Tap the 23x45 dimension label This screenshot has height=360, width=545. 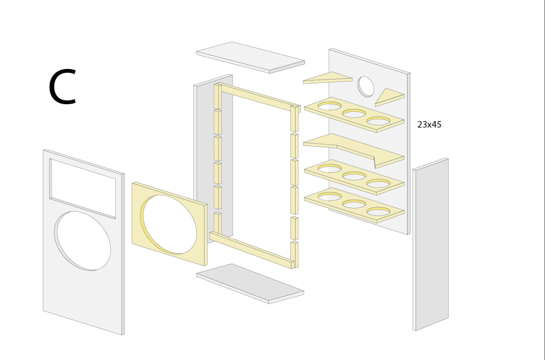pos(429,125)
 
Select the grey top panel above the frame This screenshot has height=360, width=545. pos(250,57)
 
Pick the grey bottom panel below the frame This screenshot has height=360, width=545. pos(250,283)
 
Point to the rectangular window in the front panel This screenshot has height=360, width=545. pos(83,188)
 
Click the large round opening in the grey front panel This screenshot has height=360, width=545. pos(83,241)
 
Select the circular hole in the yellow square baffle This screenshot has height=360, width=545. pos(170,224)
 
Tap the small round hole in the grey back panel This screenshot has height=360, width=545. pos(366,86)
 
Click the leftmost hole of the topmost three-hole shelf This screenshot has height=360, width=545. pos(329,106)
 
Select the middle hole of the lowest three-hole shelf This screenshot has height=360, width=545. pos(354,204)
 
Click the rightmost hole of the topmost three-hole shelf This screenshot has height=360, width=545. pos(378,121)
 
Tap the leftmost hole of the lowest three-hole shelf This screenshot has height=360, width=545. pos(329,196)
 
